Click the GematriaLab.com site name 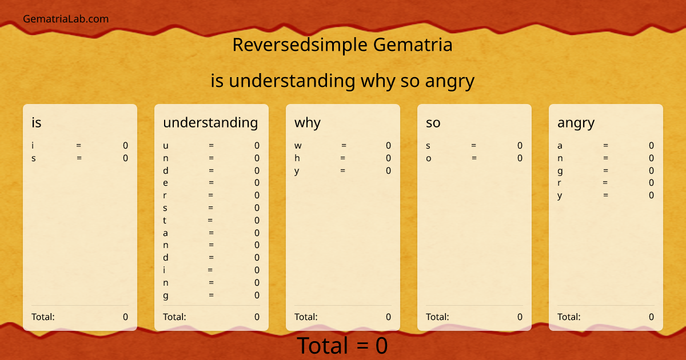(66, 19)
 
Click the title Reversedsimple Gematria (342, 45)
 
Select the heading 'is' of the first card (37, 122)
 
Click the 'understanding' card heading (210, 122)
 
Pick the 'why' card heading (308, 122)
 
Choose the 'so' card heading (433, 122)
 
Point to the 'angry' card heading (576, 122)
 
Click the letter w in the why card (298, 146)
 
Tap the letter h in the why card (297, 158)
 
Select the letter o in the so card (429, 158)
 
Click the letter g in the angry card (560, 171)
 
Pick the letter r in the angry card (560, 183)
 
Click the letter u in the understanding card (166, 146)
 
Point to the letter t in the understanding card (165, 221)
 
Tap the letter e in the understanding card (166, 183)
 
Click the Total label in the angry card (569, 317)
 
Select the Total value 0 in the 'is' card (125, 317)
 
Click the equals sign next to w (344, 146)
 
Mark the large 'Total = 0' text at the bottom (342, 346)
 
